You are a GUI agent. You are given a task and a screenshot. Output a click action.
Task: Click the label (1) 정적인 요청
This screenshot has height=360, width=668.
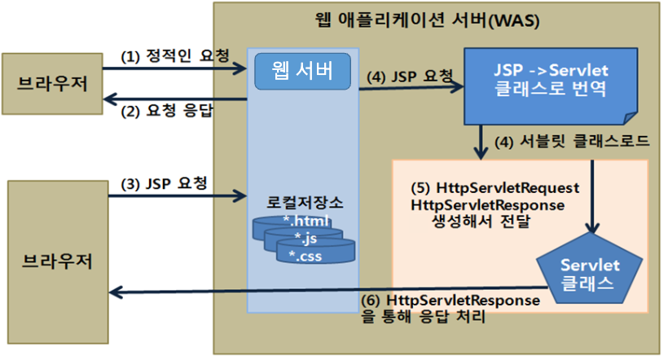pos(173,56)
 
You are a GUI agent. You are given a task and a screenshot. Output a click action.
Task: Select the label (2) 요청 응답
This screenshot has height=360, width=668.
pos(166,112)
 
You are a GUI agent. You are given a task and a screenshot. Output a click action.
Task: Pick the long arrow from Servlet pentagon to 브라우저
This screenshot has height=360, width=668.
pos(326,291)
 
